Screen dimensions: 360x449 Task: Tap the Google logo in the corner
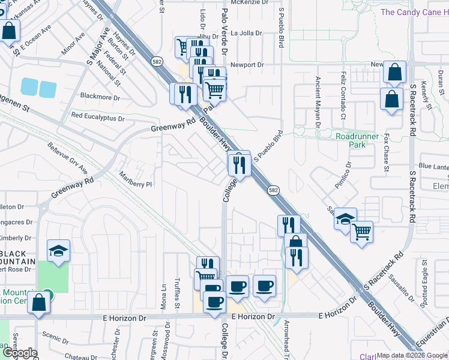coord(19,353)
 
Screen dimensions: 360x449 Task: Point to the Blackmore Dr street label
coord(100,97)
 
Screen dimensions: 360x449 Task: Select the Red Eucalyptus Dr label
coord(97,115)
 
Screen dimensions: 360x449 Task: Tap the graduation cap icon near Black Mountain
coord(59,250)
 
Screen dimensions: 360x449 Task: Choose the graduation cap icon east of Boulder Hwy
coord(345,218)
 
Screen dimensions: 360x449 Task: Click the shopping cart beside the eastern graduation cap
coord(361,231)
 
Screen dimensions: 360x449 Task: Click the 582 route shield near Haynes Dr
coord(157,61)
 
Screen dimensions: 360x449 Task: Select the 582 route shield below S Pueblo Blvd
coord(273,190)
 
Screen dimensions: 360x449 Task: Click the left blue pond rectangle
coord(29,86)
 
